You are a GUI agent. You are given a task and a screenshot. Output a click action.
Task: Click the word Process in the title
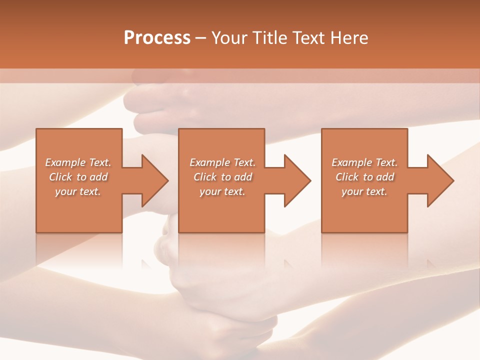click(157, 38)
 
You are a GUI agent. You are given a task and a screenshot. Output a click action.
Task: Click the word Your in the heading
click(229, 38)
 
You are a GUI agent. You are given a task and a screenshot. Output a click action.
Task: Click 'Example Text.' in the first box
click(78, 162)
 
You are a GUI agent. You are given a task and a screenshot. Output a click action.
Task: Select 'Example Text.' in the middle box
click(222, 162)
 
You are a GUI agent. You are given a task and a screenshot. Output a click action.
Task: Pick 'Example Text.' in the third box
click(364, 162)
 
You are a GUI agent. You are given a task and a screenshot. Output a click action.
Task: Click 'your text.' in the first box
click(78, 191)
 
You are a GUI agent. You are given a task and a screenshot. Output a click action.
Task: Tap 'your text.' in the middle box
click(222, 191)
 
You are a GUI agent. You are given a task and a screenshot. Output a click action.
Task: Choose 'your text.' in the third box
click(364, 191)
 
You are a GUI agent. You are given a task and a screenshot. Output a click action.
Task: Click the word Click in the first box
click(60, 177)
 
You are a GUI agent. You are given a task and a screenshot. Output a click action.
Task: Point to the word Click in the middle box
click(205, 177)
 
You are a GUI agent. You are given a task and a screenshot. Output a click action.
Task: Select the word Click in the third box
click(347, 177)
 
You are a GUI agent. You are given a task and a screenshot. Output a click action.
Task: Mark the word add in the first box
click(98, 177)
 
